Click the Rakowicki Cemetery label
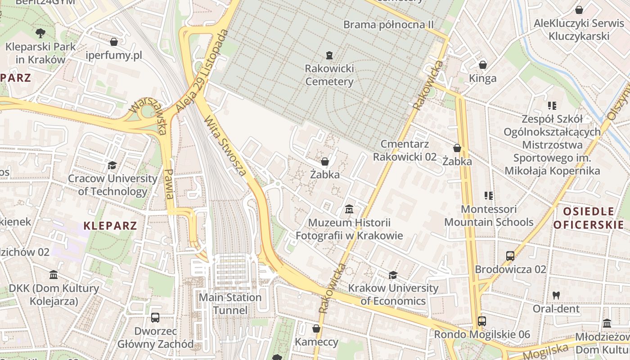click(329, 75)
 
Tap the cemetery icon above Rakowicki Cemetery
click(329, 56)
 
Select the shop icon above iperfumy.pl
click(114, 42)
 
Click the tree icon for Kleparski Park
click(40, 33)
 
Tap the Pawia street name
click(169, 184)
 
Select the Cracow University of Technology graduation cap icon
click(112, 166)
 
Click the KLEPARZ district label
click(110, 226)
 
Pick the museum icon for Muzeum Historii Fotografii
click(349, 209)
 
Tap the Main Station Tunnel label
click(230, 304)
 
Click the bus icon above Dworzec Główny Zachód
click(155, 318)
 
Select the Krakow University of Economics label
click(393, 294)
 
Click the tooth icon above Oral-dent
click(556, 296)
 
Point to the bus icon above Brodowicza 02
click(510, 256)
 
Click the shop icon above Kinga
click(483, 65)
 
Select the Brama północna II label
click(388, 24)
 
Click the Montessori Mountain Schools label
click(489, 216)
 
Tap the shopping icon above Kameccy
click(316, 329)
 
